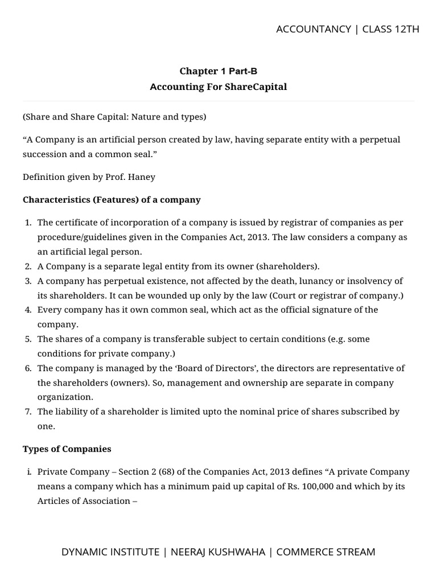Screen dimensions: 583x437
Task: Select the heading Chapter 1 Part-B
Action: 214,71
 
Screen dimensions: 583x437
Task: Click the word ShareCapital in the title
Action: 259,87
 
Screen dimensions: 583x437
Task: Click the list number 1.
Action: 28,222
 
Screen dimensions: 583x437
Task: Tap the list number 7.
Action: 28,411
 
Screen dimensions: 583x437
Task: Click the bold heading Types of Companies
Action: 67,449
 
